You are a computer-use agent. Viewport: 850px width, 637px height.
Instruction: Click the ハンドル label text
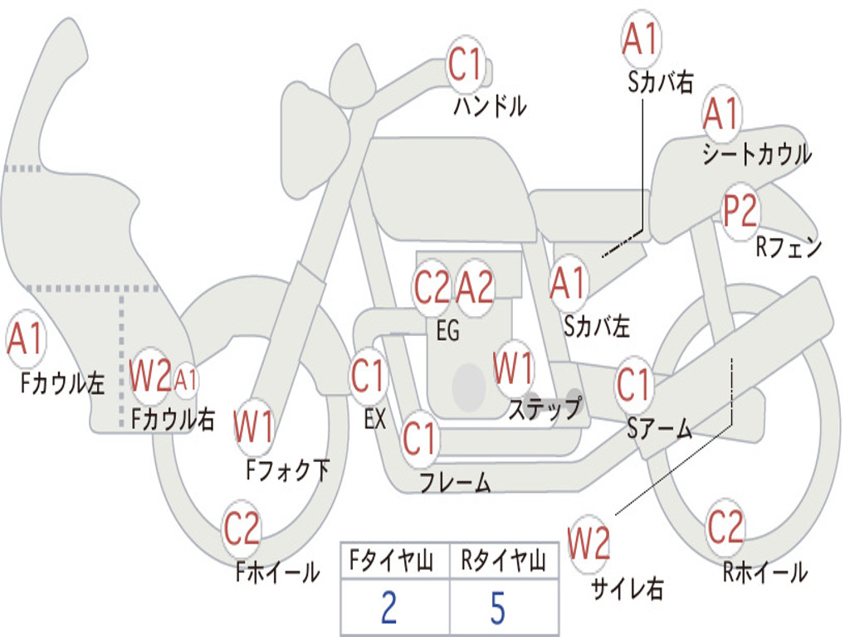490,106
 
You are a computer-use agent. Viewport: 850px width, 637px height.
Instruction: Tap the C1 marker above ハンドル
466,64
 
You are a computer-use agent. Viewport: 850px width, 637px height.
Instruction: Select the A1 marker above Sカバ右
640,40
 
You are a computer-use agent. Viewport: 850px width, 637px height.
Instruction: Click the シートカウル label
756,154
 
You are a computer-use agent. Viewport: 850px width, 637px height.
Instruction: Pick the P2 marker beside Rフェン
740,212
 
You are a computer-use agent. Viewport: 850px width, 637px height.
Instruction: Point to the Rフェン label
789,247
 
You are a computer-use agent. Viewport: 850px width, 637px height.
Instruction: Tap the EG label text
447,331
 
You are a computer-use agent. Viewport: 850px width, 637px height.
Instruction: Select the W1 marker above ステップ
513,368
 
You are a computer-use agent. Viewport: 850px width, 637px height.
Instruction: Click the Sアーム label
659,428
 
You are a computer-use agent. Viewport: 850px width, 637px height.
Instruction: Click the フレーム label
455,483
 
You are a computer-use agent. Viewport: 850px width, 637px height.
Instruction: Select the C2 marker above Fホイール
242,529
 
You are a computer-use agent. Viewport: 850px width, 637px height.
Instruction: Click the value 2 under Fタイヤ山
388,609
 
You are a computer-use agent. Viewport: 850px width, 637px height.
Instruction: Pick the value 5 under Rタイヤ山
498,609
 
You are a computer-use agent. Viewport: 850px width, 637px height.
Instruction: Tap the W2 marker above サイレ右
589,544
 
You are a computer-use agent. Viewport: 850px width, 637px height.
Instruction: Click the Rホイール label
765,572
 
